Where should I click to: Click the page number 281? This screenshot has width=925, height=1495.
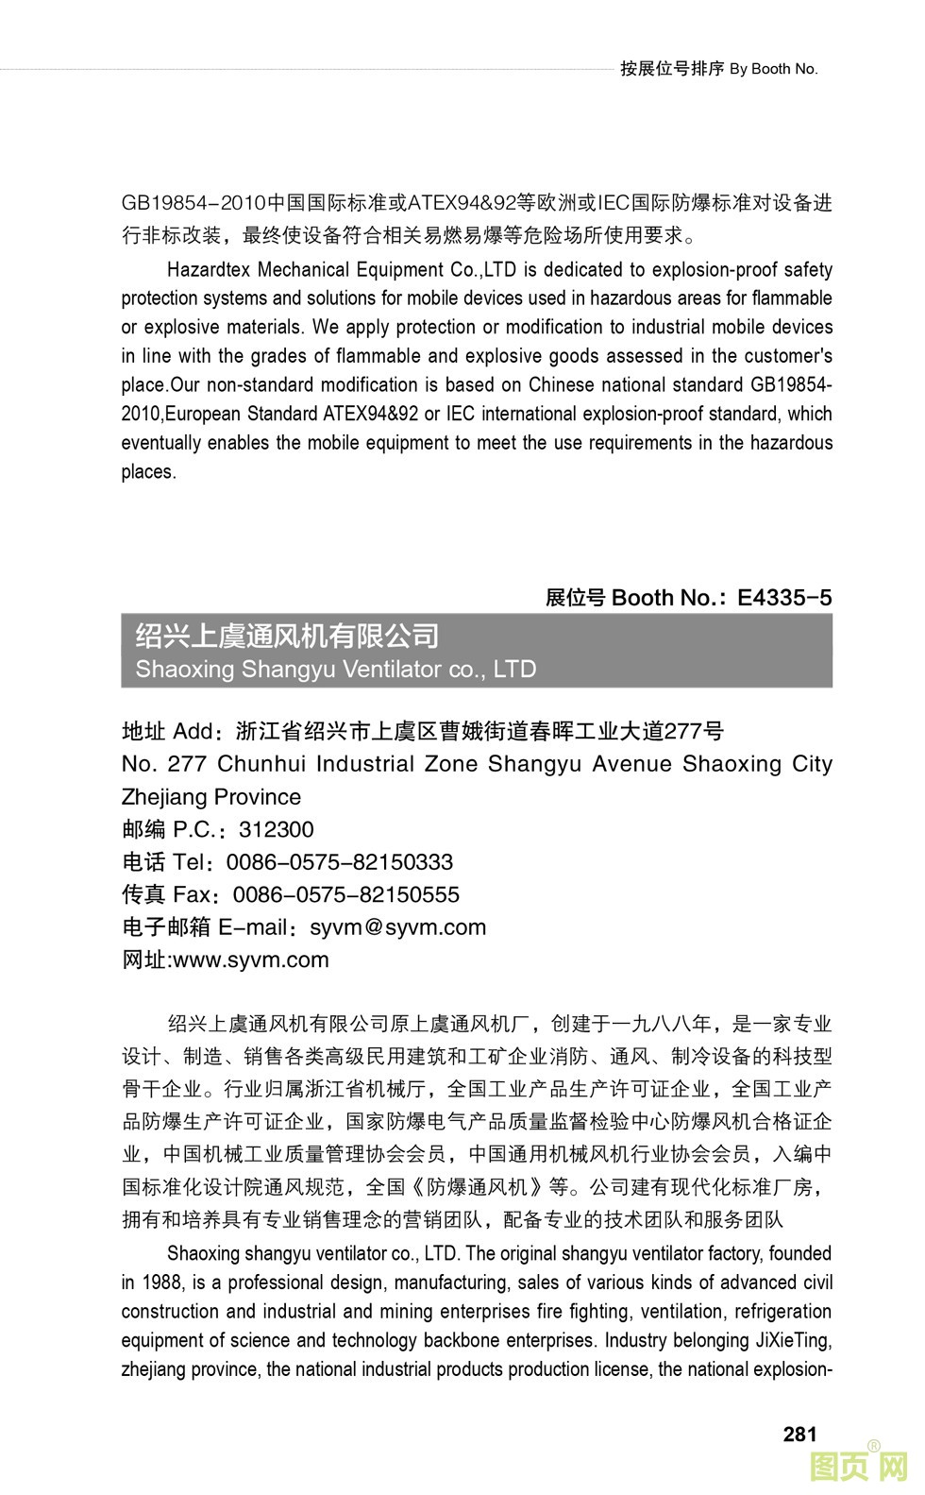[x=799, y=1435]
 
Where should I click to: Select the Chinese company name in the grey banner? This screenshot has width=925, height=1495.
[x=287, y=636]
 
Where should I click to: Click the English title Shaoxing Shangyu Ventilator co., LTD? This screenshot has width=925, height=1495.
[x=336, y=670]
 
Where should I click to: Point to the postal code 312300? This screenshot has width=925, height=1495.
[x=276, y=830]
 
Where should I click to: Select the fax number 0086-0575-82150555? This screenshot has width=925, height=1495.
[x=345, y=895]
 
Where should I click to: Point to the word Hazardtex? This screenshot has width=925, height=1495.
[x=208, y=270]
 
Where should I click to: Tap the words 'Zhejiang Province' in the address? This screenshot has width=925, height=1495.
[x=211, y=797]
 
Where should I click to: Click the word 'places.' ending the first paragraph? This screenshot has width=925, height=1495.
[x=149, y=472]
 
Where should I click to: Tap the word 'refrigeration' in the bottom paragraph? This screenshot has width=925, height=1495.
[x=782, y=1312]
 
